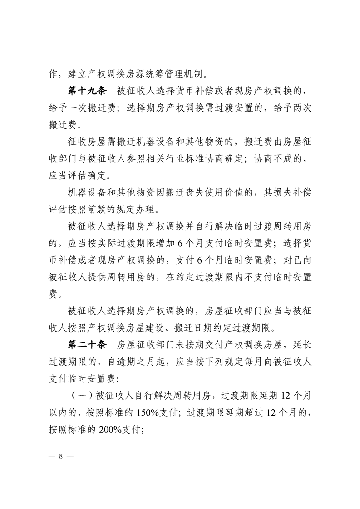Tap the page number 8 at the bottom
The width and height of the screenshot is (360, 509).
[60, 456]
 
